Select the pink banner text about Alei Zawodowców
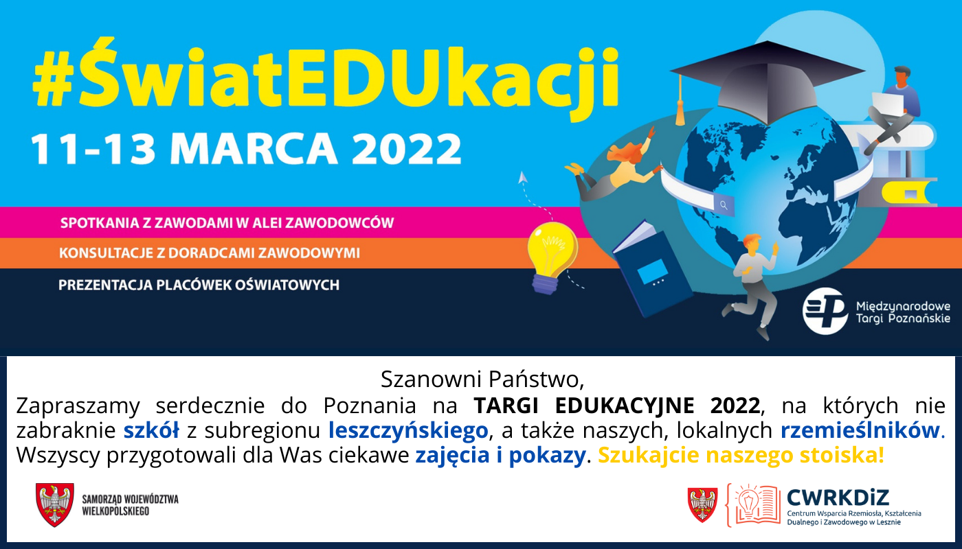(227, 223)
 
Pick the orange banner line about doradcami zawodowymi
(210, 253)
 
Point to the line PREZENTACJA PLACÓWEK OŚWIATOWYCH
(199, 284)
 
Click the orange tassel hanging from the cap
(680, 110)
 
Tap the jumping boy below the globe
(752, 281)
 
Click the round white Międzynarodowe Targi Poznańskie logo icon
(825, 311)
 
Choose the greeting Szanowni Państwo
(482, 379)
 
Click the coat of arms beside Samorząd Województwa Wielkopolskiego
(55, 505)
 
